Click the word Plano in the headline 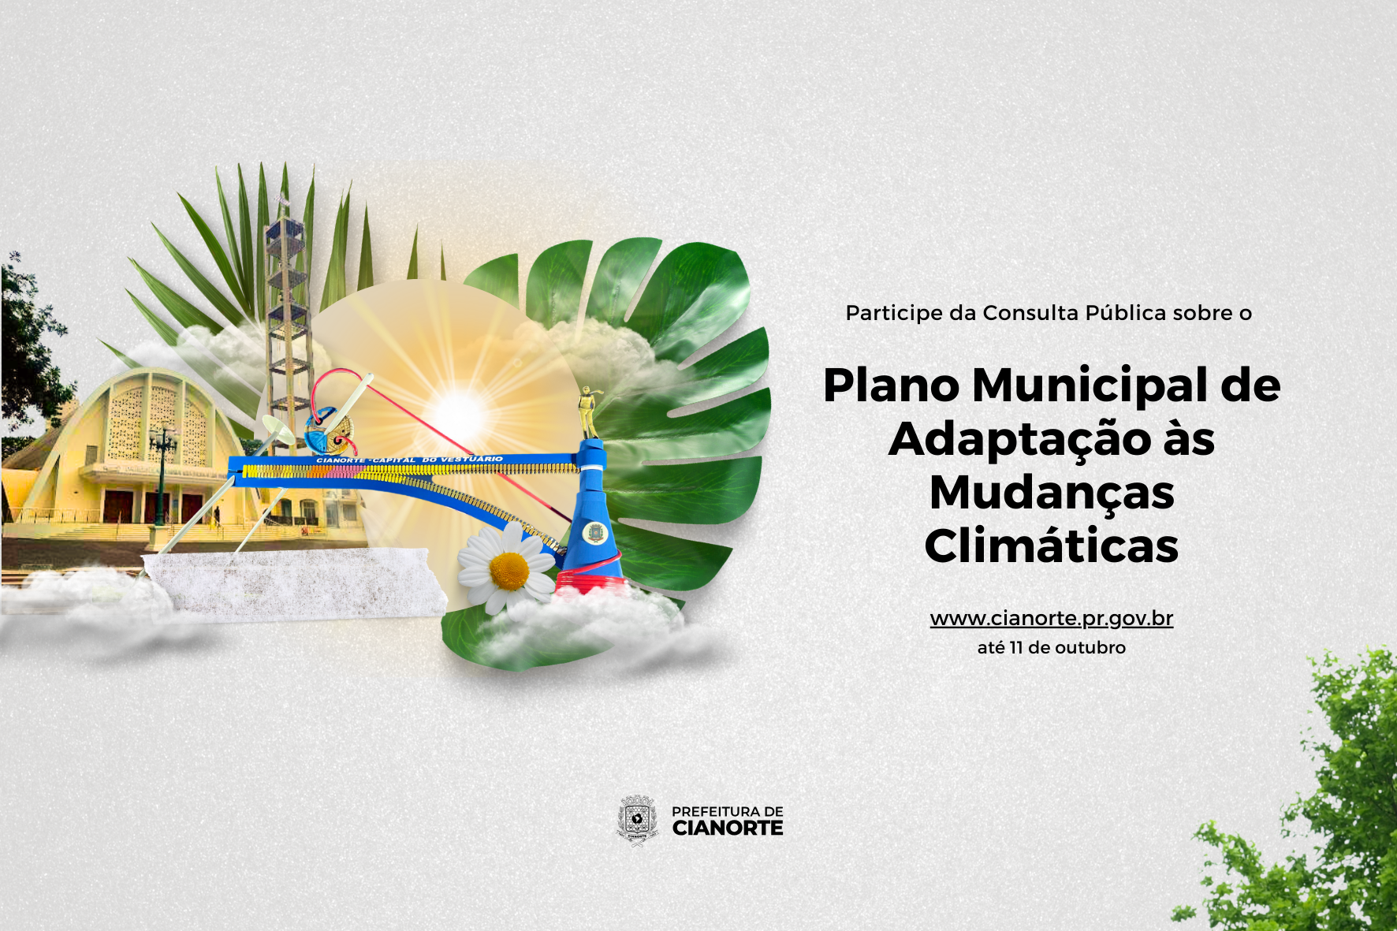[892, 385]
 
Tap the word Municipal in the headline [1090, 386]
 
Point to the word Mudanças [1052, 493]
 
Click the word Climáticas [1052, 546]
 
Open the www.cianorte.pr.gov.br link [1052, 619]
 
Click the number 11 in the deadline [1015, 647]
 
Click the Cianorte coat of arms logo [637, 820]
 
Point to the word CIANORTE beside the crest [728, 829]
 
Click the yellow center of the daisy [509, 571]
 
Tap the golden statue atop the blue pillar [588, 412]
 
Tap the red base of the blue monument [590, 583]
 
